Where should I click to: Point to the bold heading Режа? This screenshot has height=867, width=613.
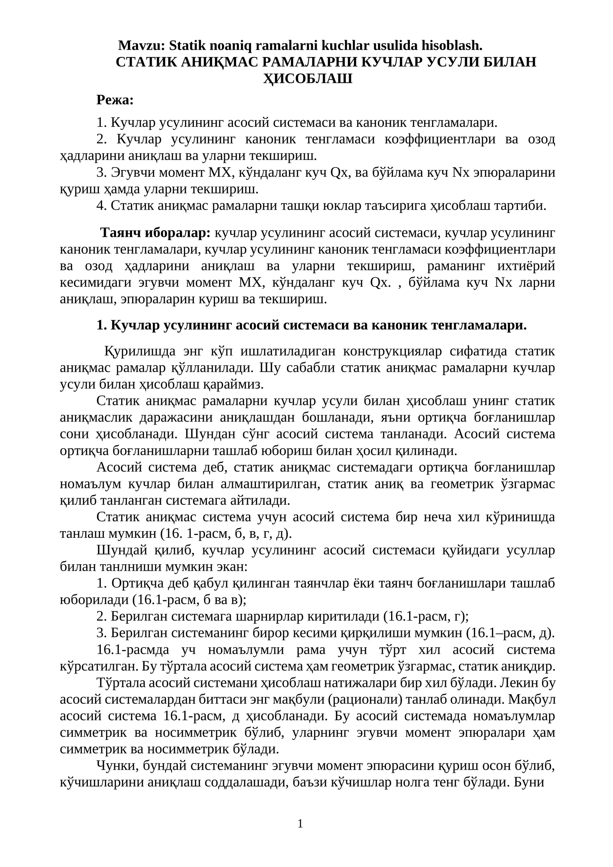click(115, 100)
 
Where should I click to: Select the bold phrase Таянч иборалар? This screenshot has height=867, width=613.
click(155, 233)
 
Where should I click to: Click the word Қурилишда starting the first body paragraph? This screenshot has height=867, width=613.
click(140, 351)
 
